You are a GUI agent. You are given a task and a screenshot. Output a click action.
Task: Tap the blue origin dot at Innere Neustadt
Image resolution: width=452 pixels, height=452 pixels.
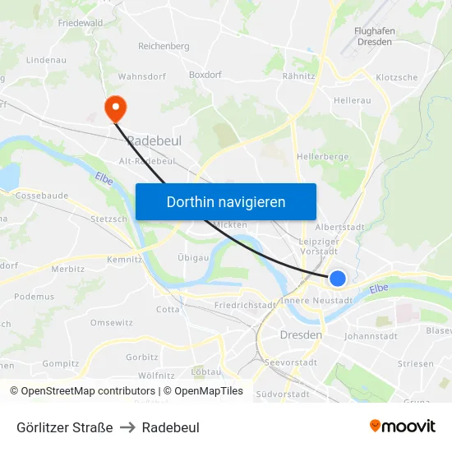pos(338,279)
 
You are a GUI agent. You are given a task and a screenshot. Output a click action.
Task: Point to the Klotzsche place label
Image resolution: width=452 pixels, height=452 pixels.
pos(396,77)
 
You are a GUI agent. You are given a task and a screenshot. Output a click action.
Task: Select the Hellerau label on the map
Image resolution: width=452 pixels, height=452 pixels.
pos(353,100)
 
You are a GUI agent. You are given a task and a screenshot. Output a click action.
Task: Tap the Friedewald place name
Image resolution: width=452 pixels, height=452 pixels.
pos(81,23)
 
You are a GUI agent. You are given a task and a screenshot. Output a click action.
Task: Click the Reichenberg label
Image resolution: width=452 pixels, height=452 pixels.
pos(164,46)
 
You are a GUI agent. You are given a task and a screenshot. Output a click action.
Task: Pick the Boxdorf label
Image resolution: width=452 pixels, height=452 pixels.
pos(205,74)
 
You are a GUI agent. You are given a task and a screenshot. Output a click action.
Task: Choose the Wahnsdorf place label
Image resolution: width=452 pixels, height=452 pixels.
pos(142,76)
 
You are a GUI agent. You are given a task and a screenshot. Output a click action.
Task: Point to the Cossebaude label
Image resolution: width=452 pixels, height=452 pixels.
pos(41,196)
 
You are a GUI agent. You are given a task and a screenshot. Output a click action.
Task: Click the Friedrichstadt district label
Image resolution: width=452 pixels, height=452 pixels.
pos(244,305)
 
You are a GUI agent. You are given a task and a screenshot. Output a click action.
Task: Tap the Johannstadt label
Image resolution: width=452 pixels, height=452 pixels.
pos(371,335)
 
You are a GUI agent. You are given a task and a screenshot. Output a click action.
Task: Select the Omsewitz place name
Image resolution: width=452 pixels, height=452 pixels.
pos(111,322)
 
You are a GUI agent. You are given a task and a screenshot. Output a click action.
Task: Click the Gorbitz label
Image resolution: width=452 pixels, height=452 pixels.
pos(142,357)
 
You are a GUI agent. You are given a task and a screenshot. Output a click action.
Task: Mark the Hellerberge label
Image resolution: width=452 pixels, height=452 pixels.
pos(322,155)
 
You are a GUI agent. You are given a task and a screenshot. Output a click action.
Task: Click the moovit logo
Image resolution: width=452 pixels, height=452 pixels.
pos(402,427)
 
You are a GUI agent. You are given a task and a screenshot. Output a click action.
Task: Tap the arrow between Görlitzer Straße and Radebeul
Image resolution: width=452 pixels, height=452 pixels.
pos(127,427)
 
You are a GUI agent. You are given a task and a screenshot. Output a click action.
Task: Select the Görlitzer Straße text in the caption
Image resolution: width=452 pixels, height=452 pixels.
pos(64,427)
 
